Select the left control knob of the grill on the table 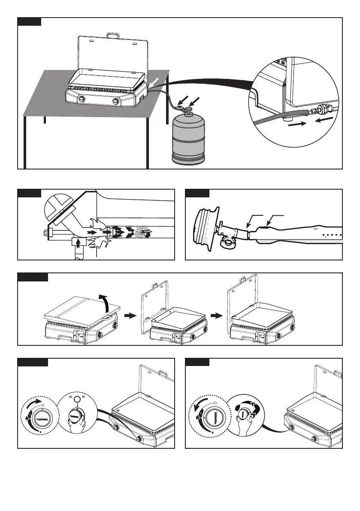[x=81, y=100]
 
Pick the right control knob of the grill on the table [x=116, y=101]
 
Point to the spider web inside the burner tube [x=142, y=233]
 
